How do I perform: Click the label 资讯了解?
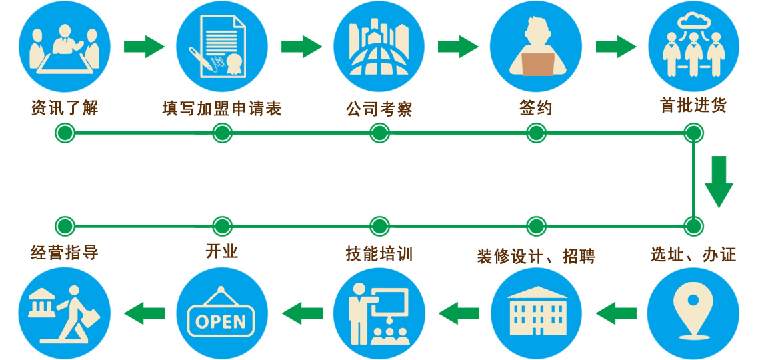click(64, 107)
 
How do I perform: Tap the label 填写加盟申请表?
click(221, 108)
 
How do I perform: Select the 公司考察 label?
click(379, 108)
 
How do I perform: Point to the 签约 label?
click(535, 108)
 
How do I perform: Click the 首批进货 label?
click(693, 105)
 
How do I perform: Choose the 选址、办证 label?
click(693, 254)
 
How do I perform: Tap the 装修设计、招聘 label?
click(535, 256)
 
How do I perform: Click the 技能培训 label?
click(379, 254)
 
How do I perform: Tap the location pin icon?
click(693, 313)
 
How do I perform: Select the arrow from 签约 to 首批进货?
click(615, 47)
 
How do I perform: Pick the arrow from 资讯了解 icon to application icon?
click(143, 47)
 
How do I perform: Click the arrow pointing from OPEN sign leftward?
click(144, 313)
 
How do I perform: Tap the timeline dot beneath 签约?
click(535, 133)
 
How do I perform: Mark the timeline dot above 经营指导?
click(64, 225)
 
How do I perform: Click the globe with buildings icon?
click(379, 47)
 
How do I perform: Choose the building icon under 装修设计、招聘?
click(535, 313)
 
